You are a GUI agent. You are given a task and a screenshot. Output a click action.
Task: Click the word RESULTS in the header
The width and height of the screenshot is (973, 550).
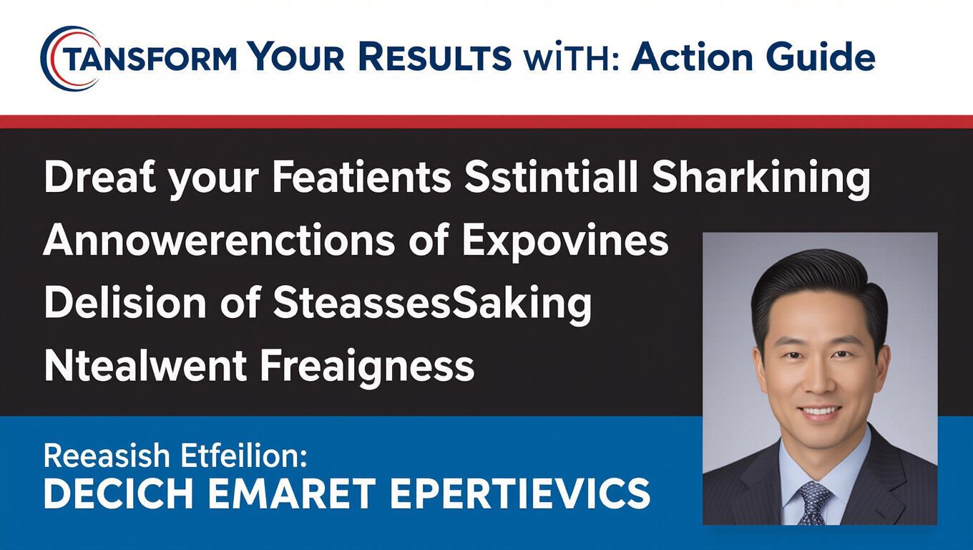(x=435, y=57)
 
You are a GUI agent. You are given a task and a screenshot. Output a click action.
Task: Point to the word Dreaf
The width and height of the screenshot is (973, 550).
(x=100, y=178)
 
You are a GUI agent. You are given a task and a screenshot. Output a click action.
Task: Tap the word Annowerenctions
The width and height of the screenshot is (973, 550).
(x=219, y=241)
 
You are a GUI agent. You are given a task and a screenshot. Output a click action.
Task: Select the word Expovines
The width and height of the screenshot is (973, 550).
(x=565, y=242)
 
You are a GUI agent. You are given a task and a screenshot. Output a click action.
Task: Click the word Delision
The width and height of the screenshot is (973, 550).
(x=125, y=303)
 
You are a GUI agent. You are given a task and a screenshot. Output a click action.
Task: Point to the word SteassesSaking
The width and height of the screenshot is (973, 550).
(x=433, y=305)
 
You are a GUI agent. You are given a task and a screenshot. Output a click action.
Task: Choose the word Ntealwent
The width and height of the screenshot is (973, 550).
(x=145, y=367)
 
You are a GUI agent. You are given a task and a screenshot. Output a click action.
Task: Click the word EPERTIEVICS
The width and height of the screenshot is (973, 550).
(x=519, y=493)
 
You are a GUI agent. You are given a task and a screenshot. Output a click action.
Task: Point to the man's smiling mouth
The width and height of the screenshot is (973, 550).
(x=819, y=412)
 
